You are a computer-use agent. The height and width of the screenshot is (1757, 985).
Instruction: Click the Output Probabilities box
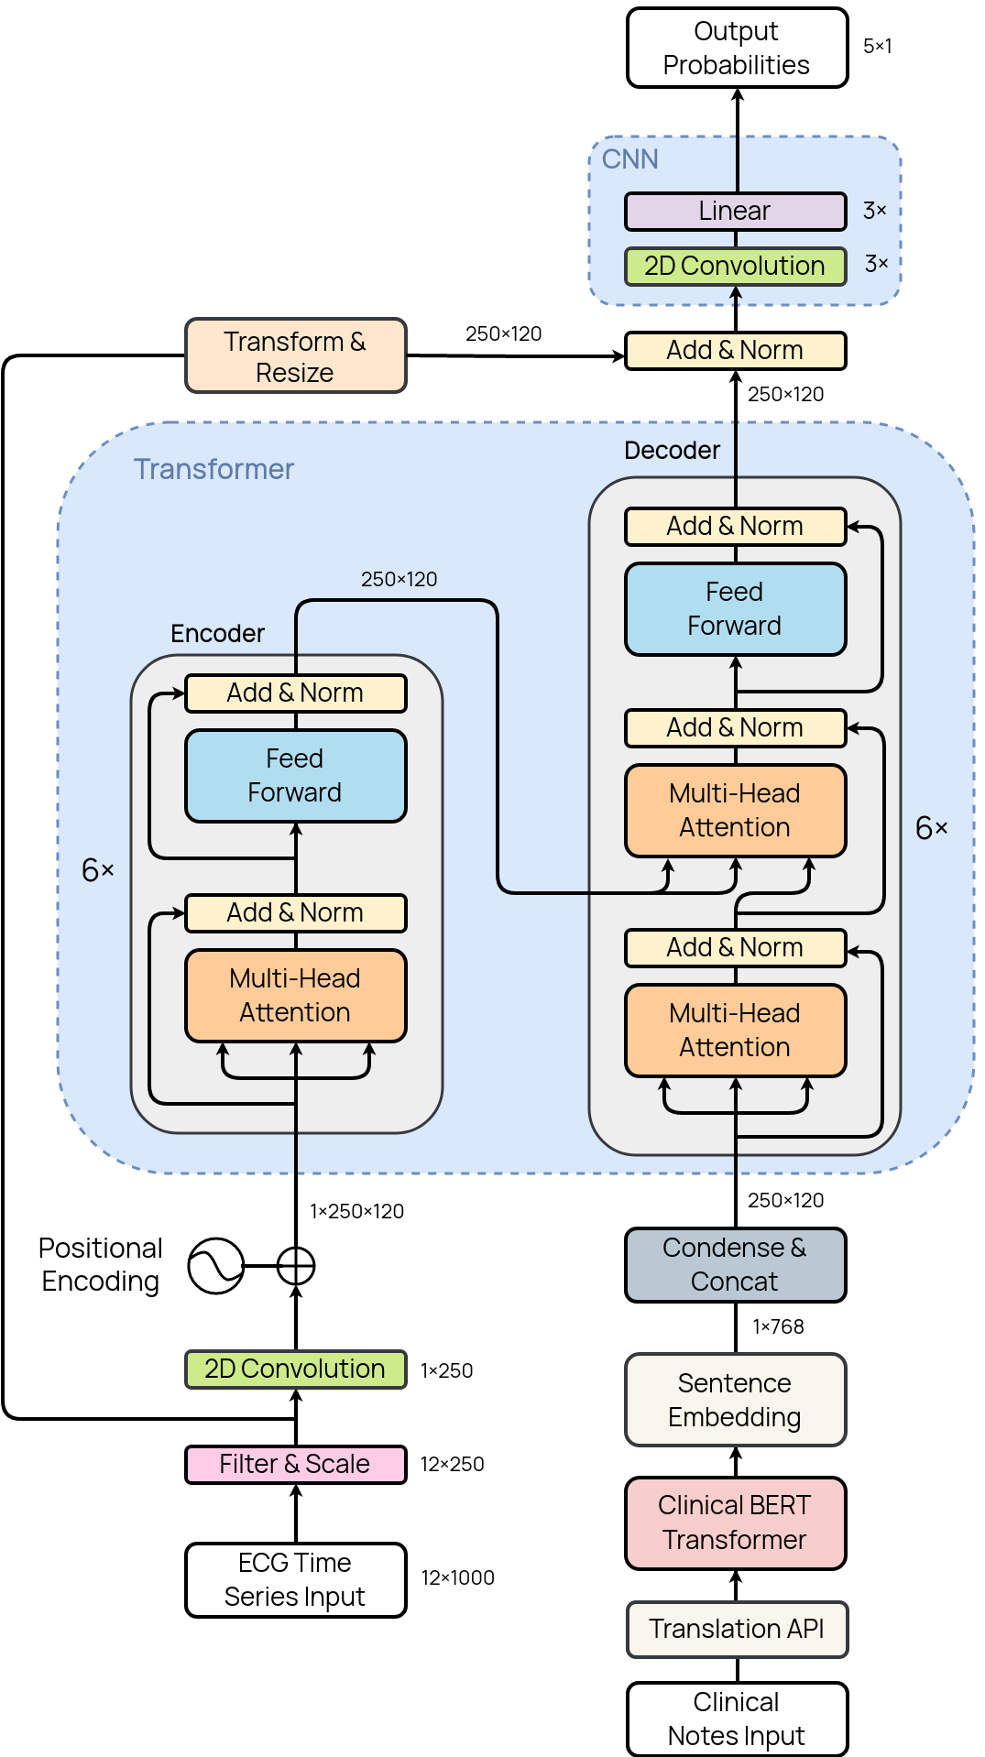tap(737, 48)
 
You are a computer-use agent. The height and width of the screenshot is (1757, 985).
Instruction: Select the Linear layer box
tap(735, 211)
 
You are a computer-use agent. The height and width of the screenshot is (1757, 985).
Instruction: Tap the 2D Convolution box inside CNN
tap(735, 266)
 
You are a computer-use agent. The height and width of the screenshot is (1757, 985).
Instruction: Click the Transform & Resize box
tap(295, 356)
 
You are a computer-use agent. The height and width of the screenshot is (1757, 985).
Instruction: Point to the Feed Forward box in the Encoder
tap(295, 776)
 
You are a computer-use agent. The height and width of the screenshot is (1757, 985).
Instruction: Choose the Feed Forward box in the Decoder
tap(735, 609)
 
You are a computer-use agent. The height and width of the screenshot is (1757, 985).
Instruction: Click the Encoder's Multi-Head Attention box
tap(295, 996)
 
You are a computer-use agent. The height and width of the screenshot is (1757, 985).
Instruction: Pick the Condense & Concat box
tap(735, 1265)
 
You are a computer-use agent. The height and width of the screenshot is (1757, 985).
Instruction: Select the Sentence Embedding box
tap(735, 1400)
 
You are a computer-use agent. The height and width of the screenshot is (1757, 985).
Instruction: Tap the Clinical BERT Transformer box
tap(735, 1522)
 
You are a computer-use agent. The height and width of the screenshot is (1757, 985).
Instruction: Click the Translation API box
tap(737, 1629)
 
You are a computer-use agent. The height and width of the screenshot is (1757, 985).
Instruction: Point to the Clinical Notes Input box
tap(737, 1719)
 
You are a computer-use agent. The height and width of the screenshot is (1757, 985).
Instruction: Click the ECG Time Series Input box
tap(295, 1579)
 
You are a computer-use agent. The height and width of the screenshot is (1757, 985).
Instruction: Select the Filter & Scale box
tap(295, 1464)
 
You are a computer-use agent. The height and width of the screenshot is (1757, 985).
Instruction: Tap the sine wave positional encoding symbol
tap(215, 1266)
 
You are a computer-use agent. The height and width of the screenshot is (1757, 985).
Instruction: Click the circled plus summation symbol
tap(296, 1266)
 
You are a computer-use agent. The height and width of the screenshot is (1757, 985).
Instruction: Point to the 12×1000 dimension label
tap(457, 1577)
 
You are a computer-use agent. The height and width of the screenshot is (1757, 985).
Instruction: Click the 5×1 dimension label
tap(877, 46)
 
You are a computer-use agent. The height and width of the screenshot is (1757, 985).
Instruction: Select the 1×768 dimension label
tap(778, 1326)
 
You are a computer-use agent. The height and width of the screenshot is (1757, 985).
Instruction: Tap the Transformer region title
tap(214, 469)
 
